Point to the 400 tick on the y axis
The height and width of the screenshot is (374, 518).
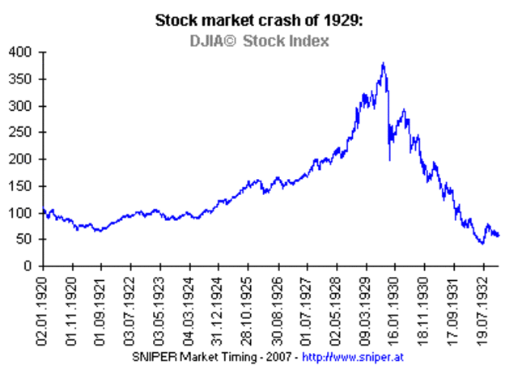click(22, 53)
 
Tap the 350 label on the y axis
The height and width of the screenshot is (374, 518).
click(22, 79)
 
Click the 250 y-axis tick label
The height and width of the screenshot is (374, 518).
click(22, 133)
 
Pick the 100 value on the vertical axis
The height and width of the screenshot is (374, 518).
click(22, 213)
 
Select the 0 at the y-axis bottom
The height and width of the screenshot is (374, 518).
click(29, 266)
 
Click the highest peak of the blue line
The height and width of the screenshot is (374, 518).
click(383, 64)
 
